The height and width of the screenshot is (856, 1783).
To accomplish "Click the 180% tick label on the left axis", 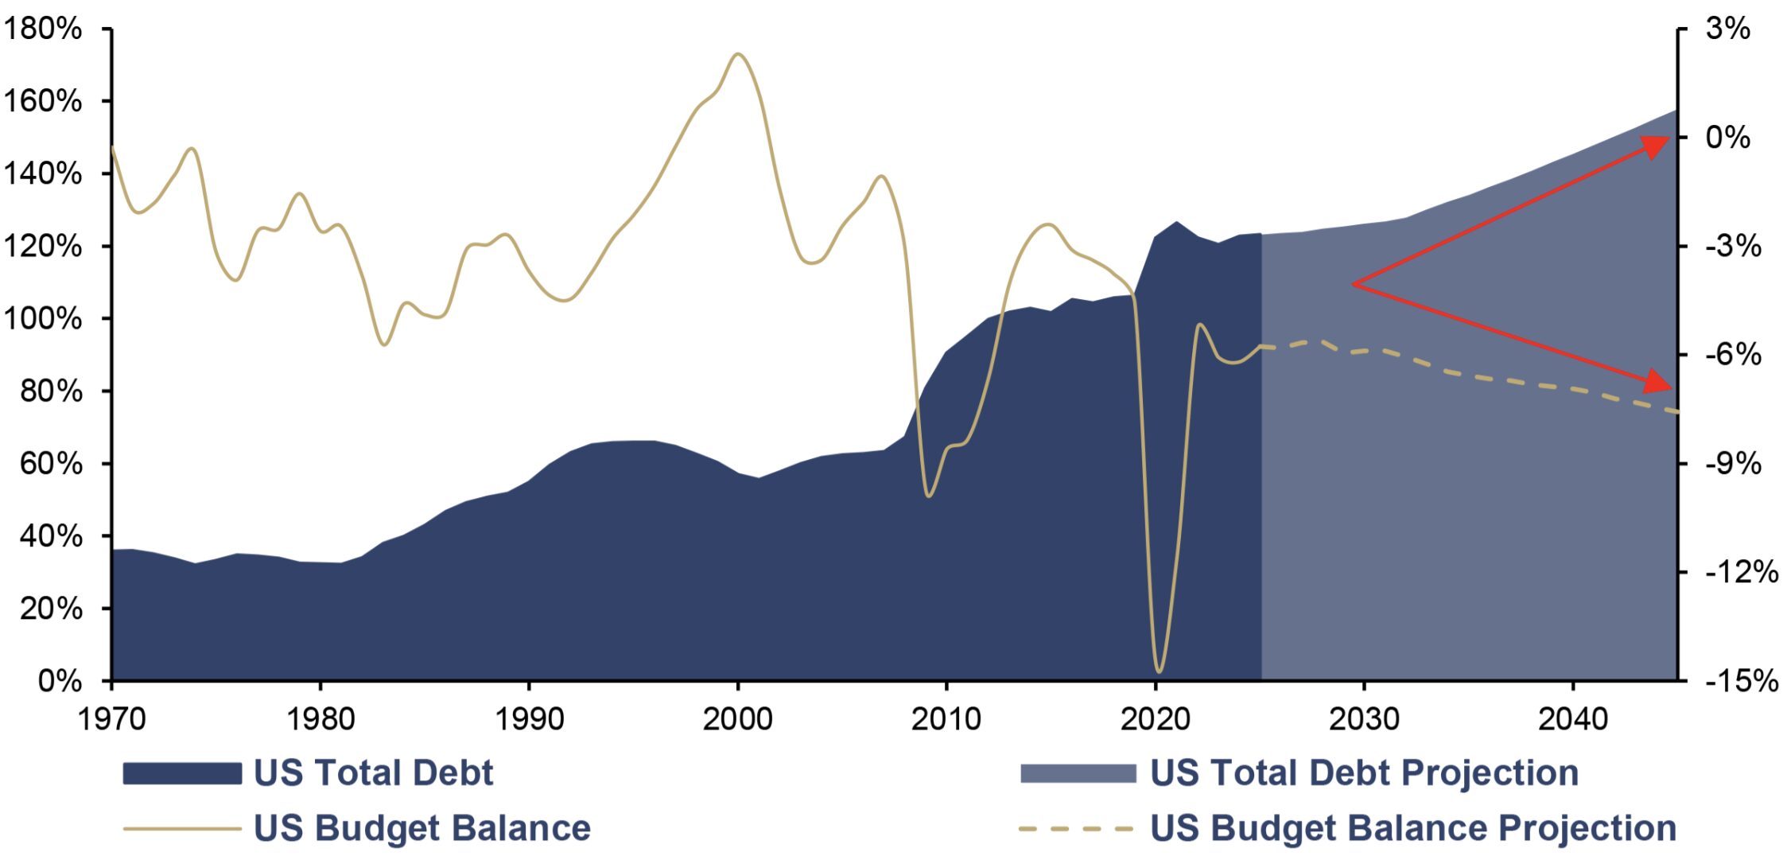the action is [x=43, y=29].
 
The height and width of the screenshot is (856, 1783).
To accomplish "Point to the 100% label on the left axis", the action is [x=43, y=319].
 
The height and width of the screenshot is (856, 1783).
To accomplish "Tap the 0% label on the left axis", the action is [x=60, y=681].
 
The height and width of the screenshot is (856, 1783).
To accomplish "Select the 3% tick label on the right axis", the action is [x=1727, y=29].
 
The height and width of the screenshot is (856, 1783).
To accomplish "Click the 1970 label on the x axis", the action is [x=111, y=719].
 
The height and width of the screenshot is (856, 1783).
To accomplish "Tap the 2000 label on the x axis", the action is [x=737, y=719].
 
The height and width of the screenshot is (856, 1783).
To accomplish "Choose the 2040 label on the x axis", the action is [x=1572, y=719].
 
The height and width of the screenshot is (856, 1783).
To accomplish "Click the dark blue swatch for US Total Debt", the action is [x=182, y=773].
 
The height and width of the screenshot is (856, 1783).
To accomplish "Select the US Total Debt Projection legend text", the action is [x=1364, y=773].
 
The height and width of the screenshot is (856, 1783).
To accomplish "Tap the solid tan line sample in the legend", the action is [x=182, y=829].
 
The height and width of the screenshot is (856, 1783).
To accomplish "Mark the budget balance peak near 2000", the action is [x=738, y=54].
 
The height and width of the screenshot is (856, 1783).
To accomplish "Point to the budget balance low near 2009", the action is [x=928, y=496].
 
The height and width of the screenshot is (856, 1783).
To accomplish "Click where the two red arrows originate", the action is [x=1354, y=284].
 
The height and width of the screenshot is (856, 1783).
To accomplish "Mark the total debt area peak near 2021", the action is [x=1176, y=222].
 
